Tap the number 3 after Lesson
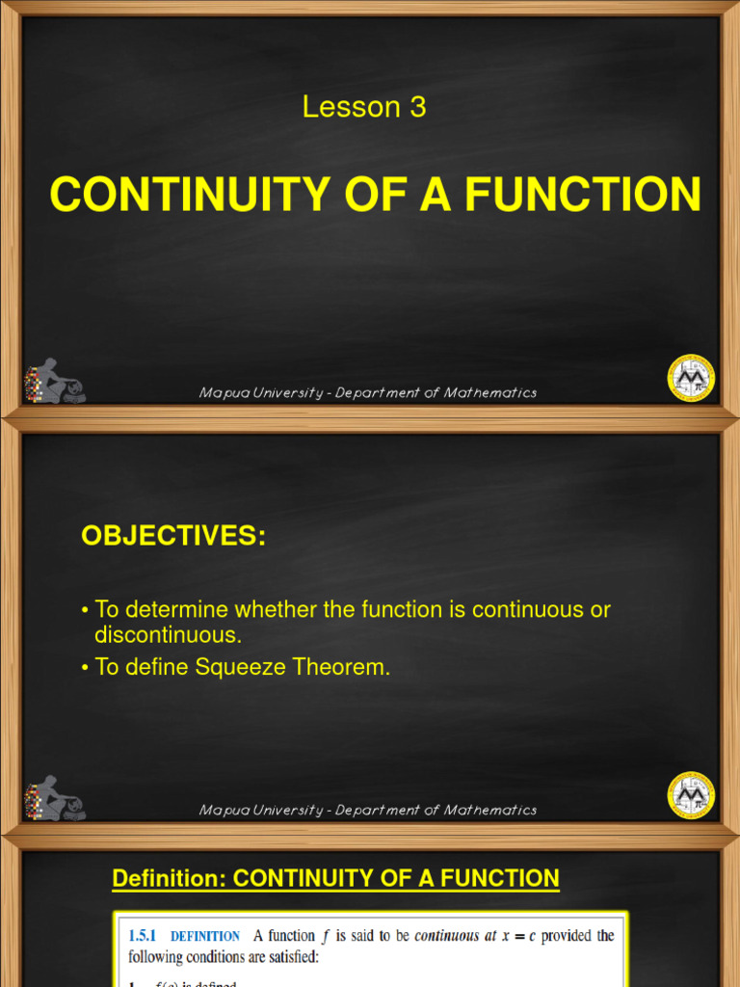pyautogui.click(x=417, y=107)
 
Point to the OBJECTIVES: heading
pyautogui.click(x=173, y=537)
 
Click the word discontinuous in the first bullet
pyautogui.click(x=169, y=634)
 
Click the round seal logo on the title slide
pyautogui.click(x=691, y=377)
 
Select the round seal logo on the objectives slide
pyautogui.click(x=691, y=795)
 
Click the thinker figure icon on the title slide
pyautogui.click(x=54, y=382)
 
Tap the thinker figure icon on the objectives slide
pyautogui.click(x=54, y=799)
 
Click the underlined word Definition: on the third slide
pyautogui.click(x=170, y=878)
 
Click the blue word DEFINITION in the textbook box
pyautogui.click(x=205, y=936)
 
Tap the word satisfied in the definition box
pyautogui.click(x=295, y=958)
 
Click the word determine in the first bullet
pyautogui.click(x=169, y=609)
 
